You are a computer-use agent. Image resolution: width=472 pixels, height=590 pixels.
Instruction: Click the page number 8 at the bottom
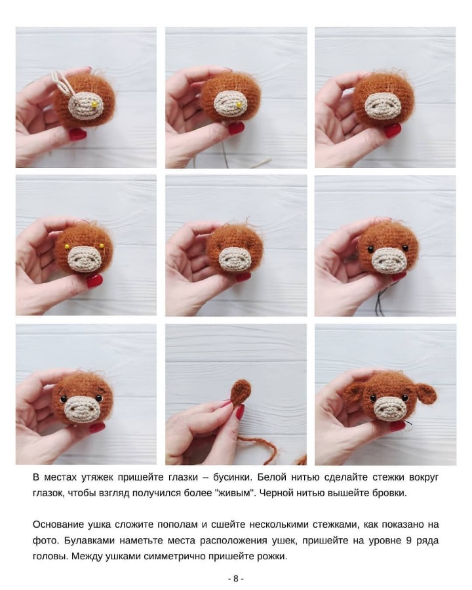(x=236, y=578)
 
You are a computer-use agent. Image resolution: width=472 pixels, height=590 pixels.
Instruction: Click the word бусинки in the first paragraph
(x=231, y=477)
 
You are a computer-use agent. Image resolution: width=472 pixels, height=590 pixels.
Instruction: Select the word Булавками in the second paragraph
(x=89, y=541)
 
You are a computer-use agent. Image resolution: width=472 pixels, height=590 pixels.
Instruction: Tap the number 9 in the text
(x=409, y=541)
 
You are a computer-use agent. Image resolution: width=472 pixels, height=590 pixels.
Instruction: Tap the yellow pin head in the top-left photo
(x=95, y=104)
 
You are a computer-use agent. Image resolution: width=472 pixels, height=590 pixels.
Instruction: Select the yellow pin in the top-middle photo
(x=239, y=105)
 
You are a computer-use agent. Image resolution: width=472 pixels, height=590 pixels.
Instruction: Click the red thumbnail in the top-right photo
(x=393, y=130)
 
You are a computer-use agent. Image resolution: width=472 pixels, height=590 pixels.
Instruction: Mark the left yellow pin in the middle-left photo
(x=67, y=246)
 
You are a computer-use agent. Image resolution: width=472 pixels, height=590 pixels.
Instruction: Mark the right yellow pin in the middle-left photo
(x=102, y=246)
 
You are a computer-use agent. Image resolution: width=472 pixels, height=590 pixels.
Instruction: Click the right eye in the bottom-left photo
(x=99, y=398)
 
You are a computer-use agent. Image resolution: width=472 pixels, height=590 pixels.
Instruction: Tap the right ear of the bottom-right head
(x=425, y=393)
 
